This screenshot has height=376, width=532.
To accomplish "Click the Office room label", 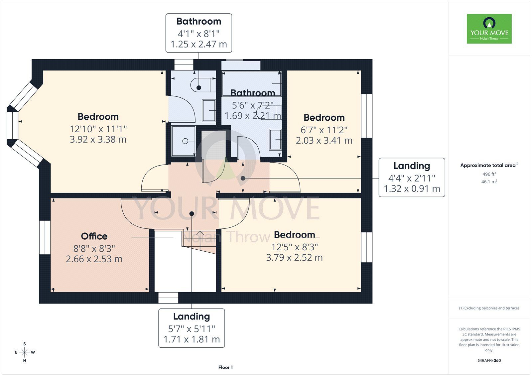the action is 94,236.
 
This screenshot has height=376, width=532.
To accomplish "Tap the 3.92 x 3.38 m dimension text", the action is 98,139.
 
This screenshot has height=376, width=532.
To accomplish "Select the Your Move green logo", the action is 489,29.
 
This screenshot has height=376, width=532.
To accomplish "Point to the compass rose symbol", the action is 25,352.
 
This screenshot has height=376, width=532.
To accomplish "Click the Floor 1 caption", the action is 225,367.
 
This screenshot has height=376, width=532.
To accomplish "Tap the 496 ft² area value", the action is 489,174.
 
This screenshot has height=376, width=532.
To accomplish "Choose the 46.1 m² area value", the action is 489,182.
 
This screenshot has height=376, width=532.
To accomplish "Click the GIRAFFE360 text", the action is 489,360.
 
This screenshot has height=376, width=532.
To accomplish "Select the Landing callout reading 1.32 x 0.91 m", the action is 412,178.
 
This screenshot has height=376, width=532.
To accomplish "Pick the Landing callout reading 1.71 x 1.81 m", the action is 192,328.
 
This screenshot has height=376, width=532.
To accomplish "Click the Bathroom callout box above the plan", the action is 199,33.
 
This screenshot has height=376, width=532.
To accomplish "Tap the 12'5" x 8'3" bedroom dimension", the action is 295,247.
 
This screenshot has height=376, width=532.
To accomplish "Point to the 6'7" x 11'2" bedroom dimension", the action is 324,130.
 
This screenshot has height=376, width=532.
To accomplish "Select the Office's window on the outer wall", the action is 45,237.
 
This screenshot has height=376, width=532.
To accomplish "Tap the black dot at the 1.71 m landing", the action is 192,214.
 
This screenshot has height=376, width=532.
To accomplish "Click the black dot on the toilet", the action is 199,88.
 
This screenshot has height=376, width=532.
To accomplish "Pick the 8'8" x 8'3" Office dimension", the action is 94,249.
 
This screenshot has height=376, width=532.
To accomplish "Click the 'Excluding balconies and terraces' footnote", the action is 489,308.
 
